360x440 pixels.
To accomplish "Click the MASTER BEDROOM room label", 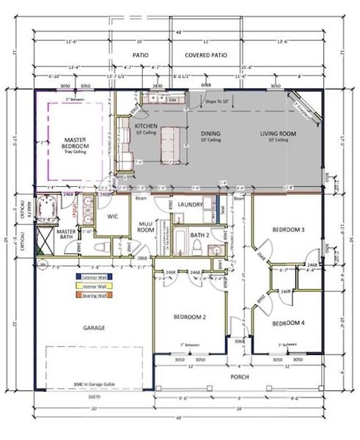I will pos(76,142).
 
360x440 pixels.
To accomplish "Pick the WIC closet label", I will pos(113,216).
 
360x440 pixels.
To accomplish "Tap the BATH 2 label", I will pos(200,235).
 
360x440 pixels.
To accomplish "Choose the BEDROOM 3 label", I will pos(288,230).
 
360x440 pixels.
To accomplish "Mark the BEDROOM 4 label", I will pos(287,323).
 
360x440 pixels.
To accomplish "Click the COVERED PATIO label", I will pos(207,54).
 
